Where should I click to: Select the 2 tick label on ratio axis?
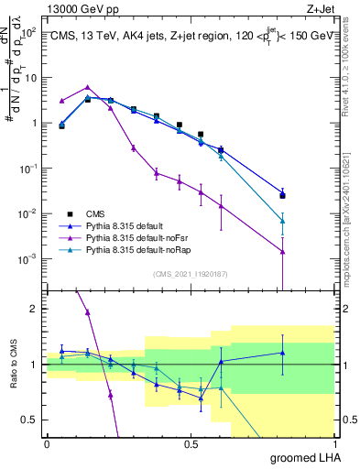point(33,309)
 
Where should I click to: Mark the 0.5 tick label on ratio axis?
point(29,420)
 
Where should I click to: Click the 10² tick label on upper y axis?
point(29,32)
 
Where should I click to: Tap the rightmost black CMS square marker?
point(283,195)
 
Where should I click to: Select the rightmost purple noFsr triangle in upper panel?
point(283,252)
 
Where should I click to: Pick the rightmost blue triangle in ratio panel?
point(283,353)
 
